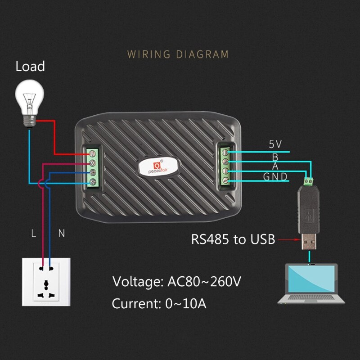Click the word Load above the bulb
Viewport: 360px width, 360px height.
(x=30, y=67)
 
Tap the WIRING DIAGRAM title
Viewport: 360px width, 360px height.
(x=178, y=54)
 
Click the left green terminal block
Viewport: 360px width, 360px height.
(x=93, y=167)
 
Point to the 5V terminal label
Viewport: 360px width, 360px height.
(x=275, y=144)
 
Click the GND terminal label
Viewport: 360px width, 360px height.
(x=275, y=176)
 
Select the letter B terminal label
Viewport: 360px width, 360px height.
(x=275, y=157)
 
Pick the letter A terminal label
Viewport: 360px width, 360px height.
(x=275, y=166)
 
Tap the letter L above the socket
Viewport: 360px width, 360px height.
(x=33, y=234)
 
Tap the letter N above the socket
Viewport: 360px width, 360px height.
(x=62, y=234)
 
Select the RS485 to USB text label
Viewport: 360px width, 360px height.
(x=233, y=239)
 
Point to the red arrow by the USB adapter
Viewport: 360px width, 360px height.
(x=288, y=240)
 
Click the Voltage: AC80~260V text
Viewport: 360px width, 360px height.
(x=177, y=282)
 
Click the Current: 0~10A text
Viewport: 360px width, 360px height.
(x=159, y=304)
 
